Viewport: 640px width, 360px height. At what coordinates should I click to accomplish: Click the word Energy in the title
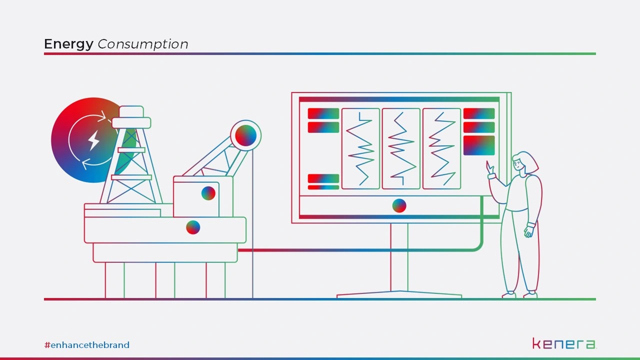[68, 44]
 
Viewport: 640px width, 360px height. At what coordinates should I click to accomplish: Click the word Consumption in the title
[143, 44]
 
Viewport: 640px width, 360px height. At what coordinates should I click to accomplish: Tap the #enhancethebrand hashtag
[87, 345]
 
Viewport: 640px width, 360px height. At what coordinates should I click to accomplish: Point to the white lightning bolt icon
[93, 140]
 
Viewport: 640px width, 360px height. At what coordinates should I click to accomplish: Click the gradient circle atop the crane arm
[245, 135]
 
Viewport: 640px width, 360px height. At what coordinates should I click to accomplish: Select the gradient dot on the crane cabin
[208, 193]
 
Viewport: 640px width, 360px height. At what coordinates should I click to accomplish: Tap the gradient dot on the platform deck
[193, 227]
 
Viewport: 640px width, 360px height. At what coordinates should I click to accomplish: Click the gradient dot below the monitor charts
[399, 205]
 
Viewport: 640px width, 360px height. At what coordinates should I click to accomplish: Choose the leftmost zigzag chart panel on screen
[360, 148]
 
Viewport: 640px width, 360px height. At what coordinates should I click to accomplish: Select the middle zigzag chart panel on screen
[401, 148]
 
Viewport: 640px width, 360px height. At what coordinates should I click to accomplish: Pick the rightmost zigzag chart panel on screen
[441, 148]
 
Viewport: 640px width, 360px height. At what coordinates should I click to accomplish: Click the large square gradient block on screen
[479, 145]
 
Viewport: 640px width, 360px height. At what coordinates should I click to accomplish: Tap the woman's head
[525, 162]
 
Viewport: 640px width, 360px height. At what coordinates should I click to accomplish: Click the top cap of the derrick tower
[131, 111]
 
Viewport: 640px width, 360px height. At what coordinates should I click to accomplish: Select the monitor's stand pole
[399, 257]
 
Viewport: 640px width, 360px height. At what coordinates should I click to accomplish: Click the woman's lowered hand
[528, 231]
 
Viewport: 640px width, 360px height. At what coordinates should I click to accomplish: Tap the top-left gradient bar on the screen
[323, 113]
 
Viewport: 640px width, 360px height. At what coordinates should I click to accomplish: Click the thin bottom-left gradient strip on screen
[323, 187]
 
